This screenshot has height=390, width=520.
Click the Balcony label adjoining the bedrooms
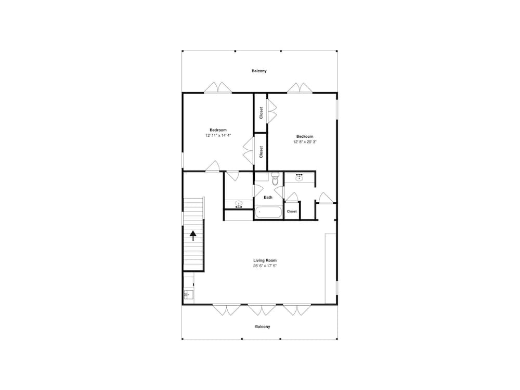(259, 71)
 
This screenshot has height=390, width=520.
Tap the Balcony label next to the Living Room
(262, 327)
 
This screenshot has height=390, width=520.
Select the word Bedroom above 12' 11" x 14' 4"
(218, 130)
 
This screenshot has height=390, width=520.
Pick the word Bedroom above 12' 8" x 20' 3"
(305, 136)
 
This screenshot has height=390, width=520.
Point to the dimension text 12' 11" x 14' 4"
(218, 135)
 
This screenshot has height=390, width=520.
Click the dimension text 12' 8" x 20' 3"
(305, 142)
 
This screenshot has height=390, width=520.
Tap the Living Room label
(265, 261)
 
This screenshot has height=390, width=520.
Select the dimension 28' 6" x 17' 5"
(265, 266)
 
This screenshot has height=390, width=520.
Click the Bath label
(268, 197)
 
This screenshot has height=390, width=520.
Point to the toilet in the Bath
(275, 179)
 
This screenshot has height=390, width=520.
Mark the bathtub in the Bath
(269, 212)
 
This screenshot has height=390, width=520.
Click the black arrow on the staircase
(193, 236)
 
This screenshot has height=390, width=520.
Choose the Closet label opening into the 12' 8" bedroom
(261, 113)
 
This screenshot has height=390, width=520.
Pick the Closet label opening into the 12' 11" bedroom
(261, 152)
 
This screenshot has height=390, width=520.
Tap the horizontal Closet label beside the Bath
(292, 211)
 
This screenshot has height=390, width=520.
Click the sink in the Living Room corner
(188, 294)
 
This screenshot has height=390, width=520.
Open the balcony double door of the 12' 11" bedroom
(217, 88)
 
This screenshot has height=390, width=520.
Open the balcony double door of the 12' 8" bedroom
(300, 88)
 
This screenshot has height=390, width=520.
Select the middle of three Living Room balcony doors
(262, 310)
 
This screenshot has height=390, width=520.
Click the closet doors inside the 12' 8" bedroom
(272, 111)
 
